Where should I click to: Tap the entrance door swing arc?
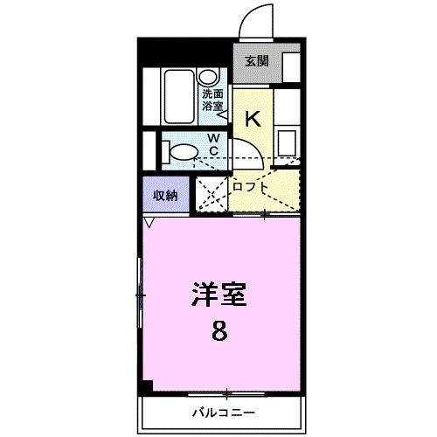click(x=258, y=22)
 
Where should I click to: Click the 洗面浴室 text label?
click(x=212, y=100)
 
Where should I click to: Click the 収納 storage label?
click(x=166, y=195)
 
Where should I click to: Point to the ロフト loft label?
click(x=251, y=186)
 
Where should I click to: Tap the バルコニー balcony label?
click(x=218, y=411)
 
